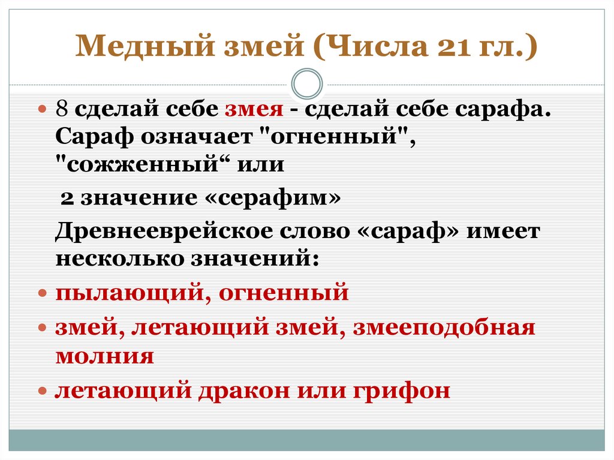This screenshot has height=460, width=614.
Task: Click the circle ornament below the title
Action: (306, 83)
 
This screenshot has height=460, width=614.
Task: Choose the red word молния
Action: (104, 356)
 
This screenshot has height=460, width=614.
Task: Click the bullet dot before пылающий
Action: (43, 294)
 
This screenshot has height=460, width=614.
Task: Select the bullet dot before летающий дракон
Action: (43, 391)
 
